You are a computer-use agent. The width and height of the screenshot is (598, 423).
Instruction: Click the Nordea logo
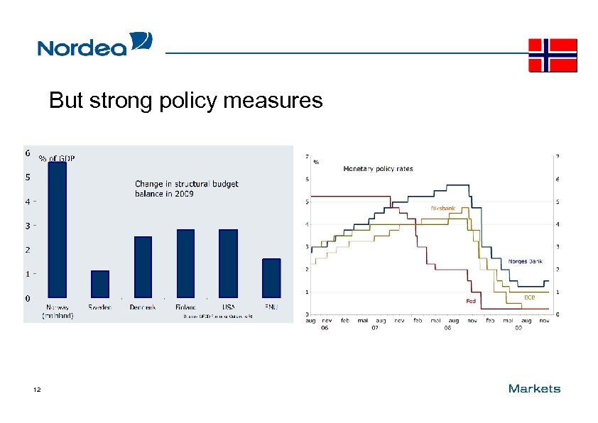(x=94, y=45)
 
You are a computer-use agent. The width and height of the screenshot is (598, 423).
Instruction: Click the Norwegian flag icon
(x=553, y=55)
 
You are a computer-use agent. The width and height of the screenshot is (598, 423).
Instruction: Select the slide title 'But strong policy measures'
(x=185, y=101)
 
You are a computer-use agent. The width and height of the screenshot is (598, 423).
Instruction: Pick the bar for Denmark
(x=143, y=267)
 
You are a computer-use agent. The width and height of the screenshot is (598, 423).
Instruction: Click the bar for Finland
(x=185, y=263)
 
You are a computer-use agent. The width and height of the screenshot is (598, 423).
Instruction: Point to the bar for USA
(x=228, y=263)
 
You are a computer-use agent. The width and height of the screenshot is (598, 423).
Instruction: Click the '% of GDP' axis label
(x=57, y=158)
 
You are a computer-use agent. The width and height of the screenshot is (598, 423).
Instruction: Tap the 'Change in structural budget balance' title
(x=187, y=189)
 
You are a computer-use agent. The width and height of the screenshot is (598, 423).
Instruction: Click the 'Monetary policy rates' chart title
(x=378, y=169)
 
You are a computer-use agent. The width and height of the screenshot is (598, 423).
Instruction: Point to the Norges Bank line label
(x=525, y=261)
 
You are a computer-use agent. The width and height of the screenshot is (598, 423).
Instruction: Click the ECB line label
(x=529, y=297)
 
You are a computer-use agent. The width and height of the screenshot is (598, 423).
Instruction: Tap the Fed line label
(x=470, y=301)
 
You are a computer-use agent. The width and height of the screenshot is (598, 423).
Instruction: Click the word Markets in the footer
(x=534, y=388)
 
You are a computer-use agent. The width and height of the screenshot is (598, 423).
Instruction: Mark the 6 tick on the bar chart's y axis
(x=27, y=153)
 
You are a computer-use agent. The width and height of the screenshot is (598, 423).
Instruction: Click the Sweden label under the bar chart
(x=100, y=307)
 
